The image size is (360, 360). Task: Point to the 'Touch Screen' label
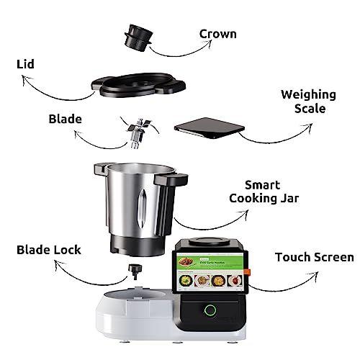(315, 257)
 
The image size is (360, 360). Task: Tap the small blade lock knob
(133, 272)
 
